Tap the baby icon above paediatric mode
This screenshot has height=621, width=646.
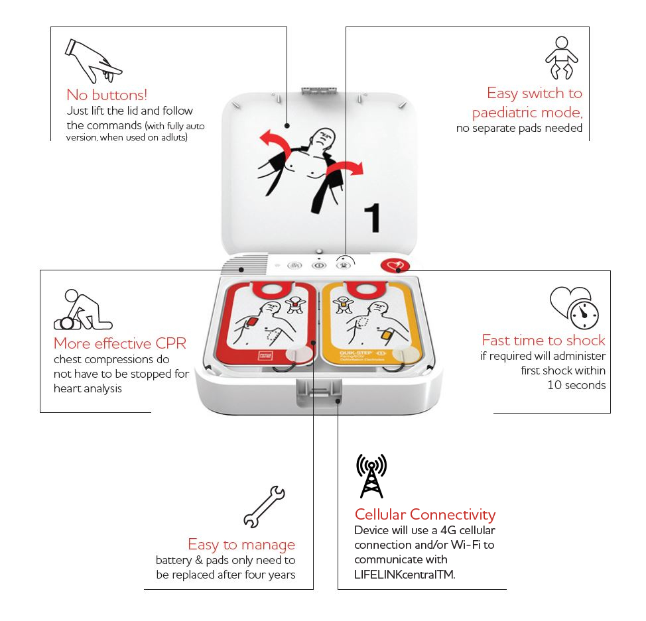[561, 58]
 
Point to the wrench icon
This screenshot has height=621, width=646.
[264, 506]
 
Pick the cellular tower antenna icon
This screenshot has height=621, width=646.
[371, 476]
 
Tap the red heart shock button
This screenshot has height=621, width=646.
[393, 265]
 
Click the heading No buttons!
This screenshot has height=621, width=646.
[107, 94]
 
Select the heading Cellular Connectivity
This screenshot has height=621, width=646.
[424, 514]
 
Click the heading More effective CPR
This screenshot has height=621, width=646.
[120, 343]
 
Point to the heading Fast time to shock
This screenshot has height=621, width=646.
[543, 341]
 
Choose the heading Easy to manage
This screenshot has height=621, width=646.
[241, 545]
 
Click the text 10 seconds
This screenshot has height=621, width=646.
[576, 385]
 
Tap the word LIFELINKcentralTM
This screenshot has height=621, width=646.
[405, 575]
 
